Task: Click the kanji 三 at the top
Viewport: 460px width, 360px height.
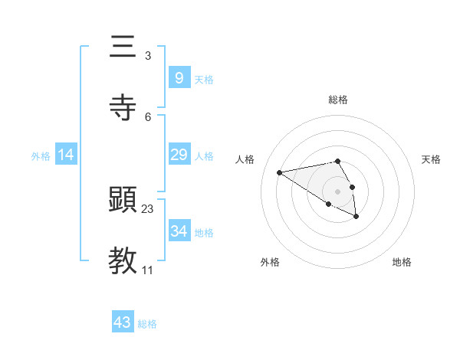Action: [x=123, y=47]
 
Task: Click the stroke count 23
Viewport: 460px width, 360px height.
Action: [x=148, y=208]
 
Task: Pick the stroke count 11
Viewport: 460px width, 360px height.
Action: [x=148, y=270]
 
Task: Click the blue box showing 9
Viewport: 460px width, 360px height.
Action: [x=179, y=77]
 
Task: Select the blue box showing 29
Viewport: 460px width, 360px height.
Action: [x=179, y=155]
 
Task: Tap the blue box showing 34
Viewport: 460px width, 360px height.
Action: [x=179, y=231]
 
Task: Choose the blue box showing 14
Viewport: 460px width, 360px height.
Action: [x=66, y=155]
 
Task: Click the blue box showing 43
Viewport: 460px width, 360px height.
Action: [x=123, y=322]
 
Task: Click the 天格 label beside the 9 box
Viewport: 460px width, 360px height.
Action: [x=204, y=79]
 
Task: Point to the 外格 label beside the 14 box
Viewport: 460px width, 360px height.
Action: [x=41, y=155]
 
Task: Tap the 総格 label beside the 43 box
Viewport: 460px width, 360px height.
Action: [x=147, y=324]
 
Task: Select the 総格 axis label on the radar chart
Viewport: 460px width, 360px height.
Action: [x=338, y=100]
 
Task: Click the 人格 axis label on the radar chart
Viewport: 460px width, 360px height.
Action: [x=245, y=159]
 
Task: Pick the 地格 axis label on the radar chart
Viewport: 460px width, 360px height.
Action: [x=402, y=262]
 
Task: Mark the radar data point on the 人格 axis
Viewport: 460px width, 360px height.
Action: [x=280, y=172]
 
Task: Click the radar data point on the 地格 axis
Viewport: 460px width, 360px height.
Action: [x=356, y=217]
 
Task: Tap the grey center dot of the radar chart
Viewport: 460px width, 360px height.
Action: [x=338, y=191]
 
